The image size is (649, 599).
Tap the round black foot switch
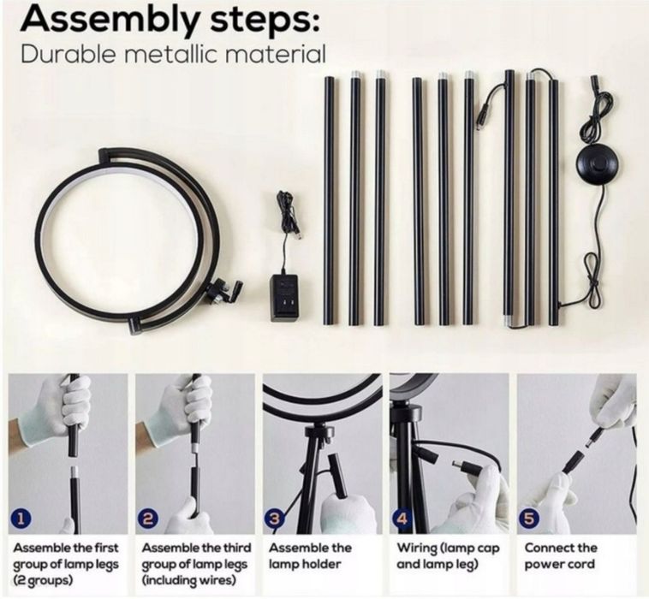click(593, 162)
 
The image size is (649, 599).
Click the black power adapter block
click(284, 298)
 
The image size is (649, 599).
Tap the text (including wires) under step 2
click(188, 580)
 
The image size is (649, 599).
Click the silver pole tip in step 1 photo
click(74, 471)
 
